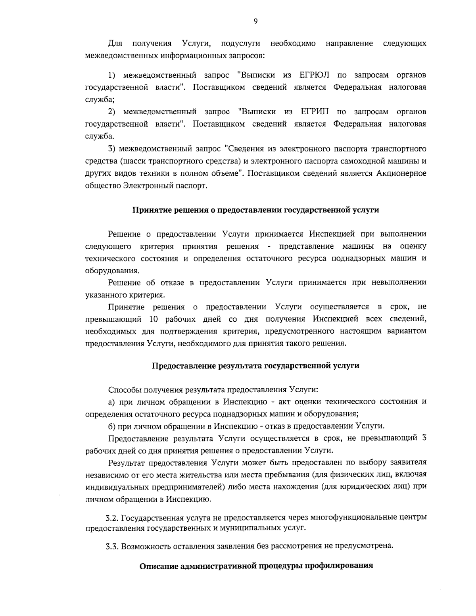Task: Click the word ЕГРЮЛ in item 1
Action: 315,75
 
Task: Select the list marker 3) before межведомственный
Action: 112,149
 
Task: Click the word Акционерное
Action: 401,173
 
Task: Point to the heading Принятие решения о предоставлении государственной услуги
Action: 255,210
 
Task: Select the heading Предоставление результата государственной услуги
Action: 256,365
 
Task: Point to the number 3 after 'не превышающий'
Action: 423,438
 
